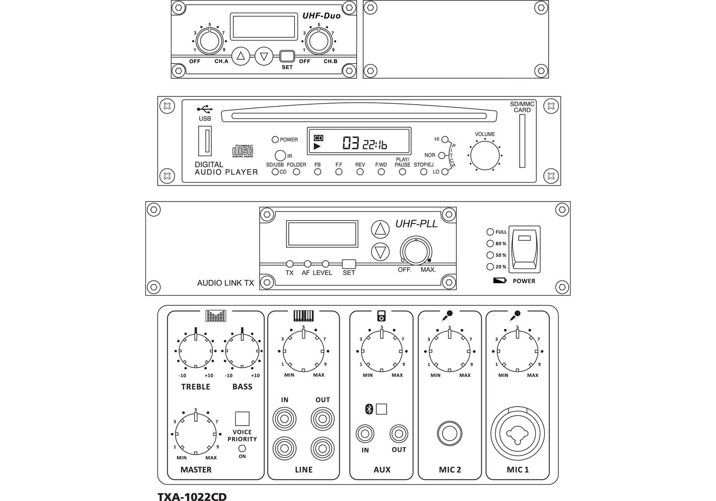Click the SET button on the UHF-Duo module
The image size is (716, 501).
pos(287,56)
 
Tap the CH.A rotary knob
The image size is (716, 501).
pos(209,42)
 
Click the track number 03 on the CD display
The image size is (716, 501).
pos(350,143)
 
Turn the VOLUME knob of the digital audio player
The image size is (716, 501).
pos(485,156)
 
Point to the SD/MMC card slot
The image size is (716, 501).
pos(522,141)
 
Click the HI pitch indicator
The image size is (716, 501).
pos(444,139)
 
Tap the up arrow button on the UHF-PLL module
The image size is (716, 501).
pos(380,229)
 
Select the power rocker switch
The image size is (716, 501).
pos(524,249)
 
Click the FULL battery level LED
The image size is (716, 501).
pos(490,231)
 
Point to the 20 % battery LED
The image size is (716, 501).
pos(490,267)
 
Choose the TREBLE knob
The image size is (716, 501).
pos(196,351)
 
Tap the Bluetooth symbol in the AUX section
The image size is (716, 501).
pos(369,409)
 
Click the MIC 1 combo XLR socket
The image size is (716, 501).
pos(517,433)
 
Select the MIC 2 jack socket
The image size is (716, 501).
pos(449,433)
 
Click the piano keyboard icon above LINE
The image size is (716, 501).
pos(303,316)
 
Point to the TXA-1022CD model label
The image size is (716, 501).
pos(192,496)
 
